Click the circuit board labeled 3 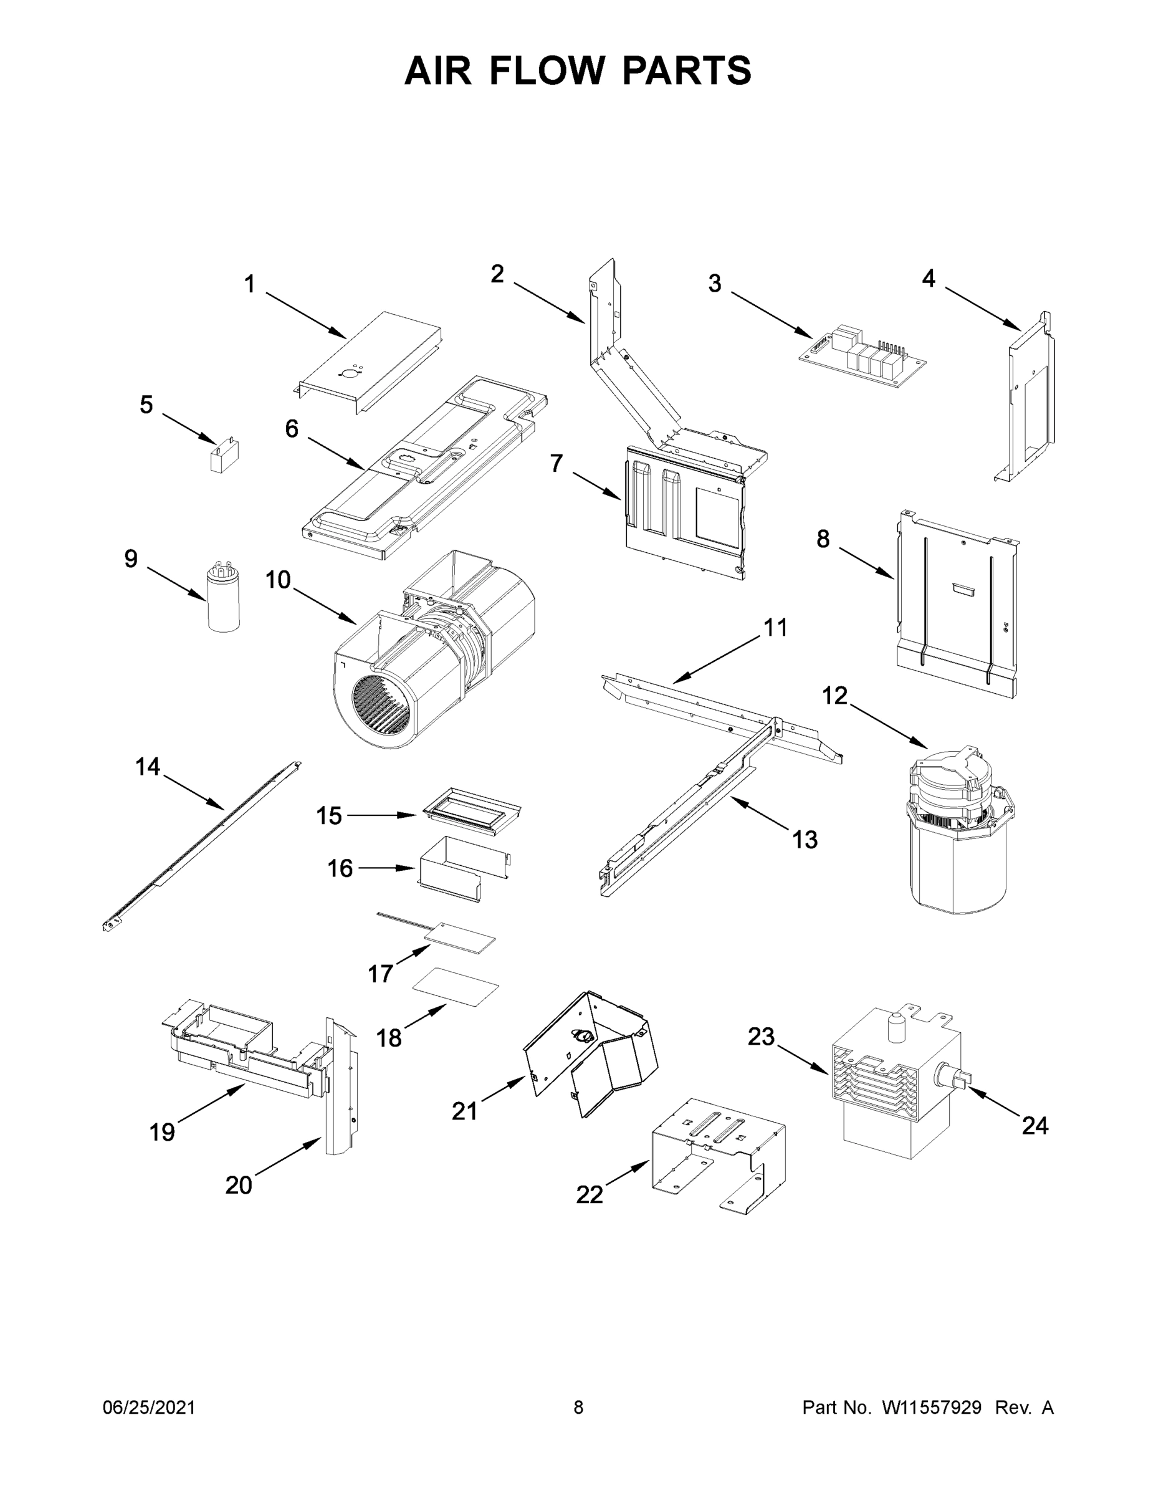tap(864, 360)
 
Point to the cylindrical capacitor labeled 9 tap(223, 597)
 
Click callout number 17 tap(380, 974)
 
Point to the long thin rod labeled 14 tap(202, 846)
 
